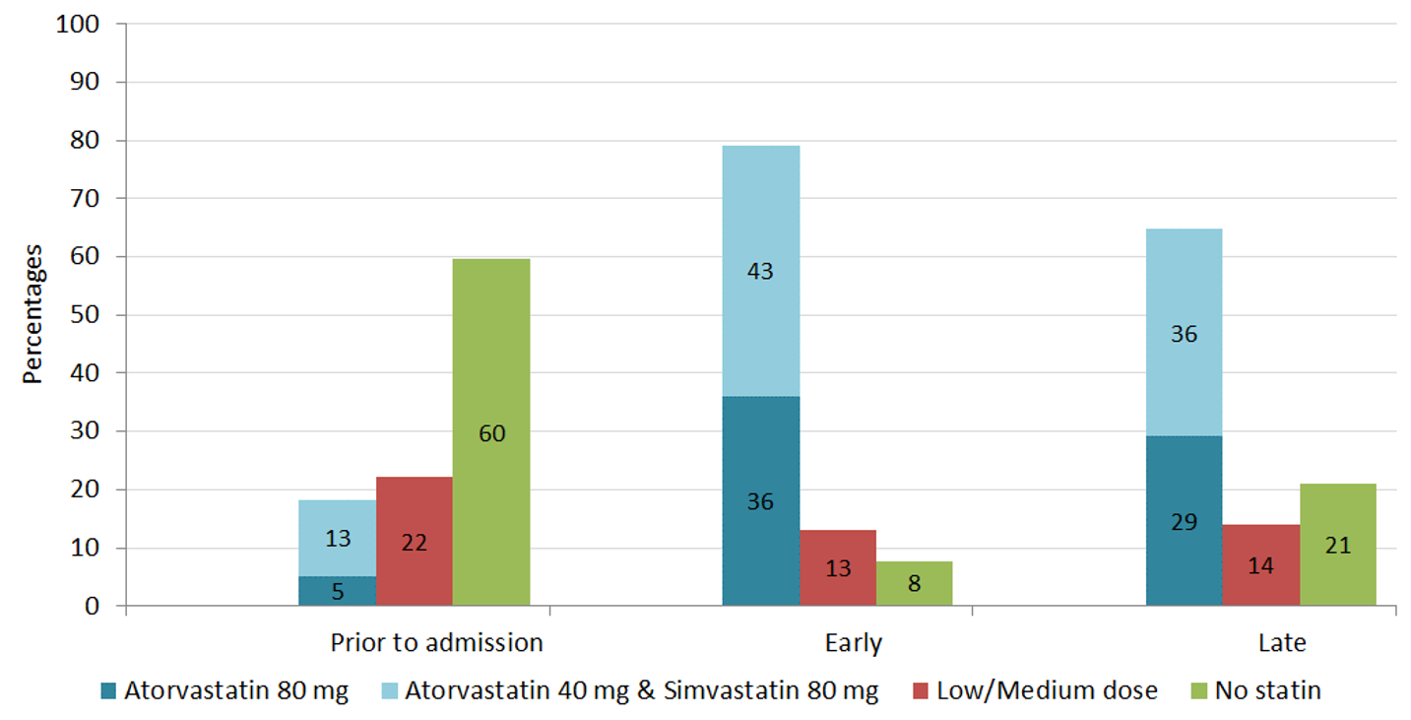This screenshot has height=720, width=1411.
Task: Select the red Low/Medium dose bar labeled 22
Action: [415, 541]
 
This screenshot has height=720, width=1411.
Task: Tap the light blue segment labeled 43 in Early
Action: [760, 271]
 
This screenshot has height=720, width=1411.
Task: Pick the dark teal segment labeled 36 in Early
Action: [760, 500]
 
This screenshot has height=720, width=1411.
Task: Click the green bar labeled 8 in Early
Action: [914, 583]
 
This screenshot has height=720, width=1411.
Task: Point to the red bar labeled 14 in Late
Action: [1261, 565]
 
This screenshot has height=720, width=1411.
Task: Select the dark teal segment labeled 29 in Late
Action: [1184, 521]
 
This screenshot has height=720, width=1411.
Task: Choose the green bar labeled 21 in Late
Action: [1337, 544]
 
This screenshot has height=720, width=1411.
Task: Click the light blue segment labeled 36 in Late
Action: [1184, 333]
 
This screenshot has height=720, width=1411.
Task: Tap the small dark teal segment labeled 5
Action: [338, 591]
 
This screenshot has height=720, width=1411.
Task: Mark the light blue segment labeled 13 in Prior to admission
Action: [338, 538]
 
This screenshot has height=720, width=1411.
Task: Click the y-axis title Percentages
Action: [32, 314]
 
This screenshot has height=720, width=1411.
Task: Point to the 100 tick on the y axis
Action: [80, 25]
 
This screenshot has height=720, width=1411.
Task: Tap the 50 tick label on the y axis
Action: [87, 315]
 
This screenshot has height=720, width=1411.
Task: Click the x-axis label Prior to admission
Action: [436, 643]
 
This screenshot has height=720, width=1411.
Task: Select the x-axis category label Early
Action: [854, 643]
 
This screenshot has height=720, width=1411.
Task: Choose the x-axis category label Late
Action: [1282, 643]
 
